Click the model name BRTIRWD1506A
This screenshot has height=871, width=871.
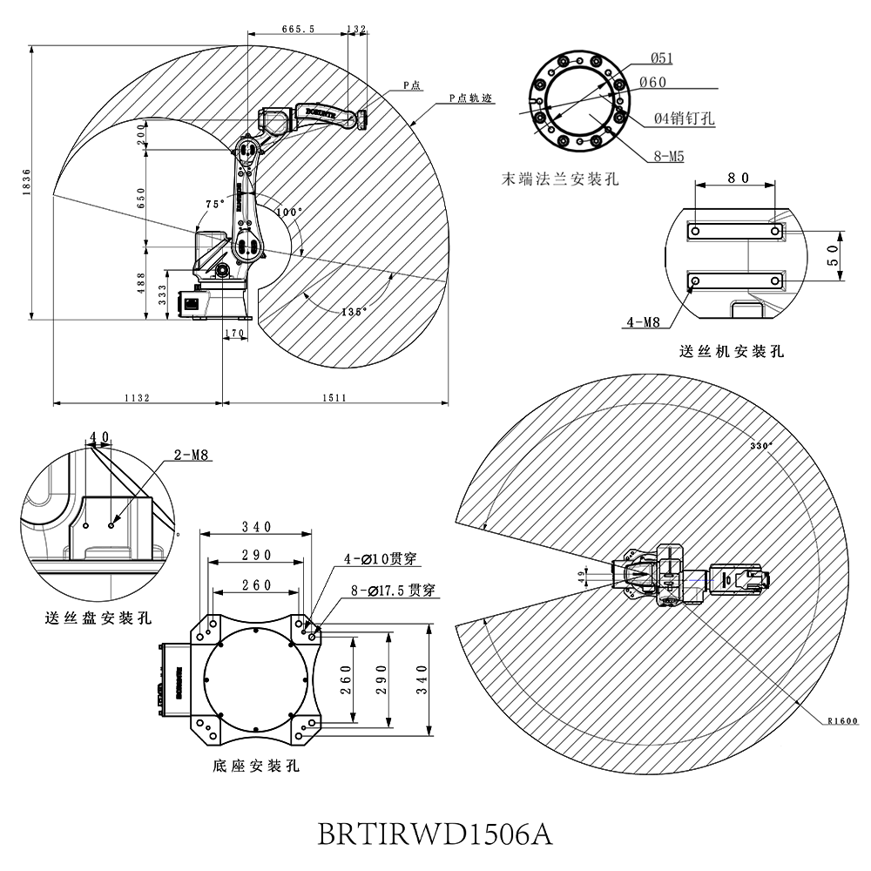435,834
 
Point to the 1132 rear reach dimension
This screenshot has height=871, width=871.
137,397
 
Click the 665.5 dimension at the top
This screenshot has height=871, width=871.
298,29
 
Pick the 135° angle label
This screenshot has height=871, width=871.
354,311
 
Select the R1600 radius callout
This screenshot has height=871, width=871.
842,721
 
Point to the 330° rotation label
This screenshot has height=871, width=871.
761,445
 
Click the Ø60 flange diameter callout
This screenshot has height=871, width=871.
652,82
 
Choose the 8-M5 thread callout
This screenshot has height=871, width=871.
670,158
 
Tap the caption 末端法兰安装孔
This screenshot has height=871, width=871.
560,179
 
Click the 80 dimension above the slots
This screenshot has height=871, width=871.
738,178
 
